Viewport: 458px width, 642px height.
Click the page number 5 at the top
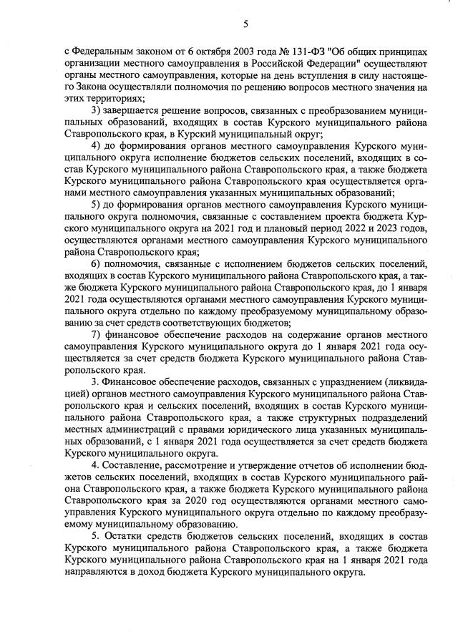point(245,24)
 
